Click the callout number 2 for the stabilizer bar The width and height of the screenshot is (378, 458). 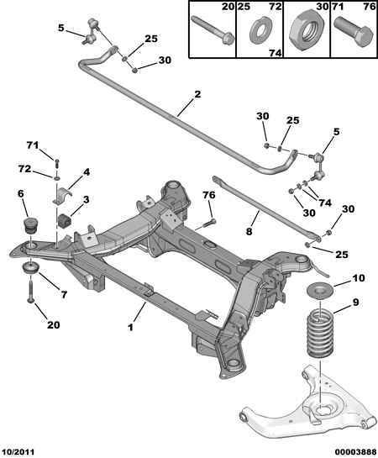[197, 94]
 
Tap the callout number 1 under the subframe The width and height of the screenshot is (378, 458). [130, 327]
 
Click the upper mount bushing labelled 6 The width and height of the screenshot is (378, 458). [31, 225]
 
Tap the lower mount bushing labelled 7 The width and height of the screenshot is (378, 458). [30, 268]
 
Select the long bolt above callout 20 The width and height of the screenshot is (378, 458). [31, 290]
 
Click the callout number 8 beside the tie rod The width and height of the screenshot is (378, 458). [249, 232]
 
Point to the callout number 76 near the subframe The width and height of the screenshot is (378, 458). [209, 195]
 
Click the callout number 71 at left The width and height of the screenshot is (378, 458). [33, 145]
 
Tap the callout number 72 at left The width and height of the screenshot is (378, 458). [24, 169]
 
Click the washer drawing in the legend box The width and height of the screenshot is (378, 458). [261, 31]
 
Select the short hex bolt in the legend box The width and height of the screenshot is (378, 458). [354, 32]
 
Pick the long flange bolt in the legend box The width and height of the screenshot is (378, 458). [213, 30]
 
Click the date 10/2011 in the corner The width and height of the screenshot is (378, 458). [18, 452]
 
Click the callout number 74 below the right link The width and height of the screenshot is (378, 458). [325, 203]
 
